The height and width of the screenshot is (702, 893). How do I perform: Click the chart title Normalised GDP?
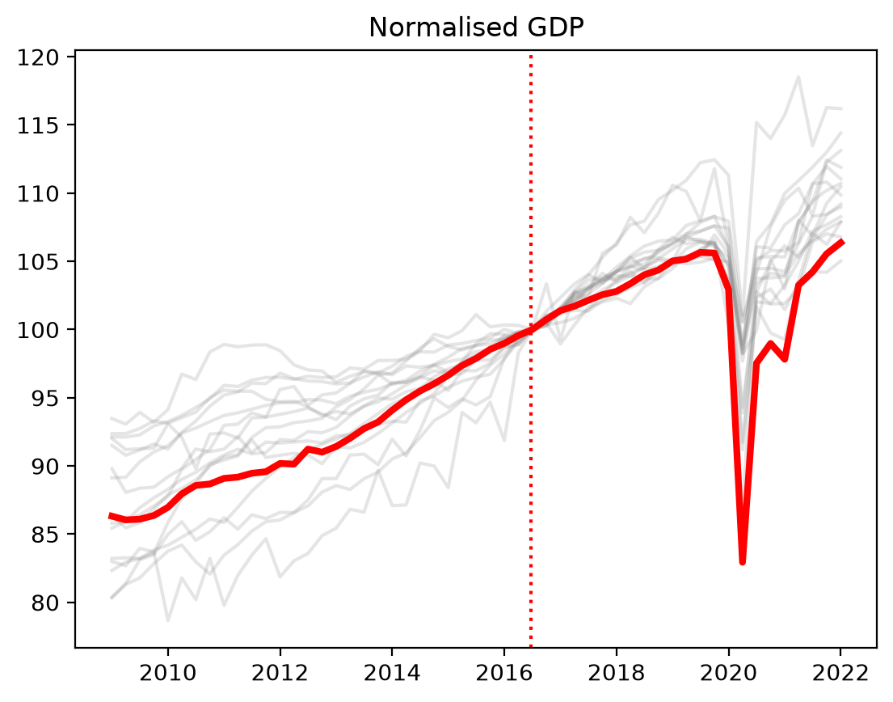(x=476, y=27)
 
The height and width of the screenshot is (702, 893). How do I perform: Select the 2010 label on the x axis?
(x=167, y=674)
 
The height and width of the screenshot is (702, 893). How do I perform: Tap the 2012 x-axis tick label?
(x=280, y=674)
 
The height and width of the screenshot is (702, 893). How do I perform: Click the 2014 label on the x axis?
(x=392, y=674)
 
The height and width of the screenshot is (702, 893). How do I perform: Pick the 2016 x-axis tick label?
(x=504, y=674)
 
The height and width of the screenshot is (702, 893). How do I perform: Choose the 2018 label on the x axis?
(x=616, y=674)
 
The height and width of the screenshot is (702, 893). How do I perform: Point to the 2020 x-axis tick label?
(x=728, y=674)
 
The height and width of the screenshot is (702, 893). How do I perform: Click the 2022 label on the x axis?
(x=840, y=674)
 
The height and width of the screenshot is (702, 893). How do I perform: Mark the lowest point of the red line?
(x=742, y=562)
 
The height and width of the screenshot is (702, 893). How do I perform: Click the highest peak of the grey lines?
(x=798, y=77)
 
